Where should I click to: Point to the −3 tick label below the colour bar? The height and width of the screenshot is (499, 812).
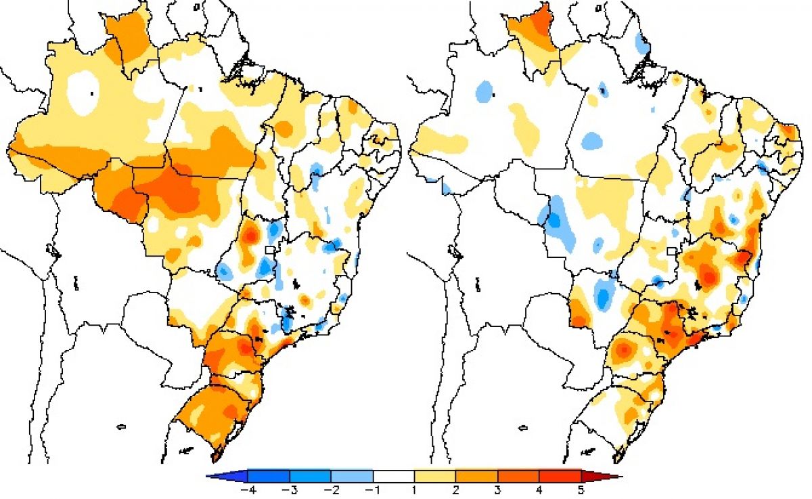[290, 491]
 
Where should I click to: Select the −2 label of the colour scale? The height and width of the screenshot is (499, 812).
[332, 491]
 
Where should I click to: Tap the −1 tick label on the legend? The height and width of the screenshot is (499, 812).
[373, 491]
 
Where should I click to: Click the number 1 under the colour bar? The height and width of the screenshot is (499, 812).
[414, 491]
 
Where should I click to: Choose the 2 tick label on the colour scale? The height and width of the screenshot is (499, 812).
[455, 491]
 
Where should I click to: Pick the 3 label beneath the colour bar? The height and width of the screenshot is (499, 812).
[498, 491]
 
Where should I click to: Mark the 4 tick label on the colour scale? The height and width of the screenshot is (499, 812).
[539, 491]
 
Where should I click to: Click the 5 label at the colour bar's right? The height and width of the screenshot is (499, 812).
[581, 491]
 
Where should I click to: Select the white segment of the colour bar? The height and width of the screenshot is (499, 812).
[394, 476]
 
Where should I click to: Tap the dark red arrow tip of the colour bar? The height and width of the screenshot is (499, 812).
[602, 476]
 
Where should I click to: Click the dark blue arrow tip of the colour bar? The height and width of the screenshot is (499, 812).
[227, 476]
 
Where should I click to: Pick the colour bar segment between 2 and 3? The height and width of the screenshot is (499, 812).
[476, 476]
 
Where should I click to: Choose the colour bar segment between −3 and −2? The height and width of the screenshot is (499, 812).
[311, 476]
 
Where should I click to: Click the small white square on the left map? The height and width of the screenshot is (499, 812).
[270, 250]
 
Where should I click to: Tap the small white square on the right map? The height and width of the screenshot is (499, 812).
[673, 251]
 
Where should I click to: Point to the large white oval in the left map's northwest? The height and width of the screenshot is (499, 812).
[83, 93]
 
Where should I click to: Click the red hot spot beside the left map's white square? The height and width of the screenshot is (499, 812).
[250, 235]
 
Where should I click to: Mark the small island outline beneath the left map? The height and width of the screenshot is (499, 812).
[121, 427]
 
